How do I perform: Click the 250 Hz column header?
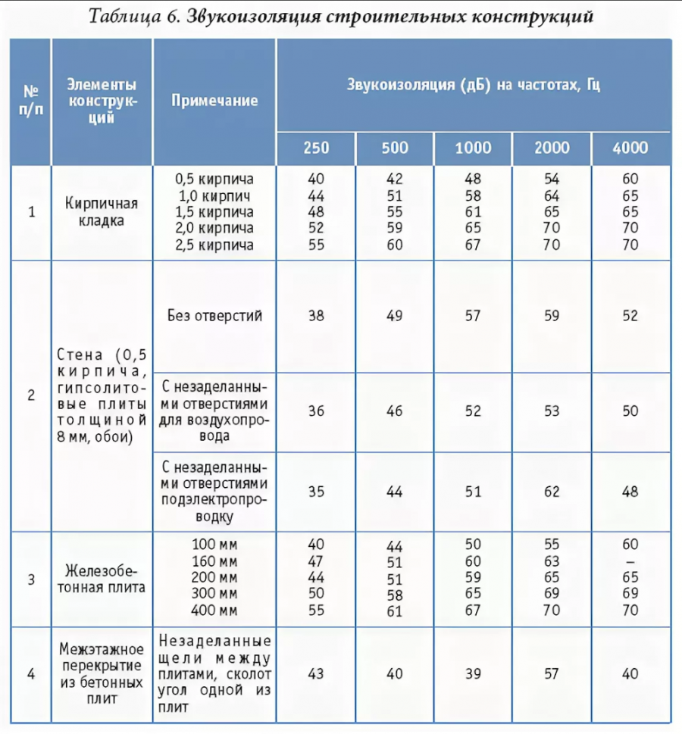[316, 148]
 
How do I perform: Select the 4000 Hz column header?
[630, 148]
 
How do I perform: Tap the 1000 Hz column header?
[473, 148]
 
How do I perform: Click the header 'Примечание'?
[214, 101]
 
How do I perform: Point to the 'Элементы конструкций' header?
[102, 100]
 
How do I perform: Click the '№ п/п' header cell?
[31, 100]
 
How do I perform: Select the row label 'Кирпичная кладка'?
[102, 212]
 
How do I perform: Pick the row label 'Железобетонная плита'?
[102, 579]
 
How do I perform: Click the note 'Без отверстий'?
[215, 316]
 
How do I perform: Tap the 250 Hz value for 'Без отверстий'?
[316, 316]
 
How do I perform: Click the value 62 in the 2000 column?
[552, 491]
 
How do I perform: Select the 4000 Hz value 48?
[630, 491]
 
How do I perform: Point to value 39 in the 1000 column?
[473, 673]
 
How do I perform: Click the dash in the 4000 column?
[630, 561]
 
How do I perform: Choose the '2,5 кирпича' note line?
[214, 245]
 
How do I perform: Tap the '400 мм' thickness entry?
[214, 611]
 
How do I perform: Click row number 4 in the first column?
[31, 673]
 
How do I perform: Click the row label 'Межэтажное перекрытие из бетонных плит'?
[102, 673]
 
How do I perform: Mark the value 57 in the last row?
[552, 673]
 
